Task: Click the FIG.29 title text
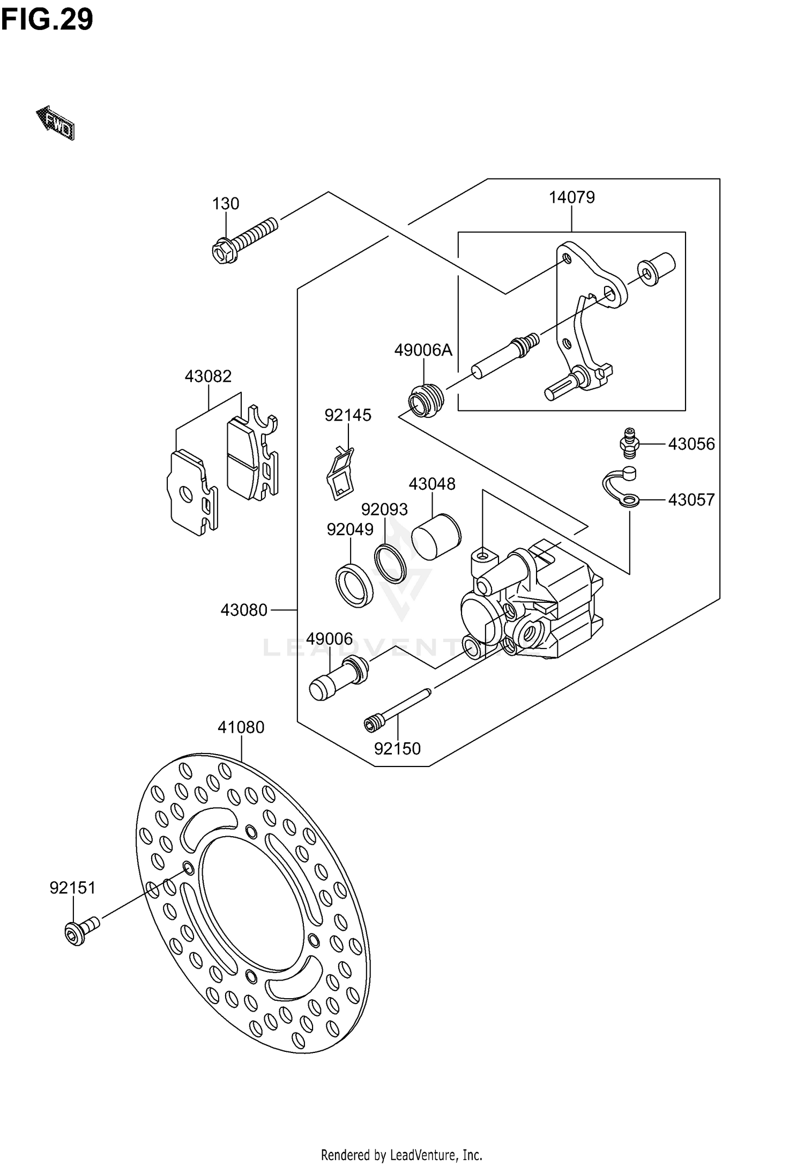[x=47, y=20]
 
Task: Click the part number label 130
[x=226, y=204]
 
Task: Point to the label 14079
[x=571, y=197]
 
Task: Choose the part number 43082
[x=208, y=376]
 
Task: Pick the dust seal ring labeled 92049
[x=354, y=586]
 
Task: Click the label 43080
[x=244, y=610]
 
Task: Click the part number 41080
[x=241, y=727]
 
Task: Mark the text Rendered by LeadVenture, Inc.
[x=401, y=1154]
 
